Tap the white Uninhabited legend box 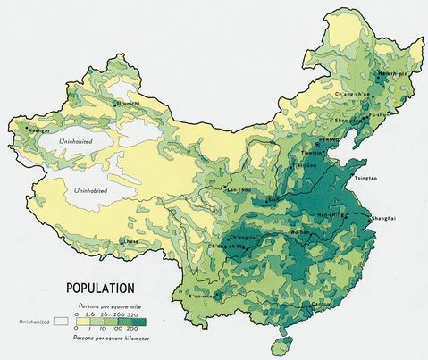click(61, 319)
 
